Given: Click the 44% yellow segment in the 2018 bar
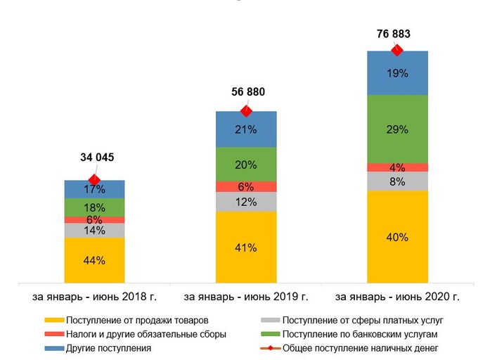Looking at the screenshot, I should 94,260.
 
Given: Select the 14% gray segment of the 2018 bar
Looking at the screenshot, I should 94,230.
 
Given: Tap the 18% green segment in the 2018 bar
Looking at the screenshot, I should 94,207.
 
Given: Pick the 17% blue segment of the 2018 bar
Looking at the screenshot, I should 94,189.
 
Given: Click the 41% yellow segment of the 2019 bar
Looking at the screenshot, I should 246,247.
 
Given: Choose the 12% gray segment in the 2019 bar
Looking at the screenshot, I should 246,202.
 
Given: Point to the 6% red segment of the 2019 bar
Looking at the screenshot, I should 246,186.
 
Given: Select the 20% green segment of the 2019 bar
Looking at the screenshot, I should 246,165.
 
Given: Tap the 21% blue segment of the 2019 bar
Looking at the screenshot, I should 246,129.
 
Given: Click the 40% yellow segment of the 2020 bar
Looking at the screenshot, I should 397,237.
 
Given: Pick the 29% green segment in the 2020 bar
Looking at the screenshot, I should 397,129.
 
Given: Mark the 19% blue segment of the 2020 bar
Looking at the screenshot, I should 397,73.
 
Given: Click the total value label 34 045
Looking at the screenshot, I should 94,157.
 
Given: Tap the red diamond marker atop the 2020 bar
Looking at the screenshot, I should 397,49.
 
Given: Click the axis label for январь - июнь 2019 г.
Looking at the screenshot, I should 246,296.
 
